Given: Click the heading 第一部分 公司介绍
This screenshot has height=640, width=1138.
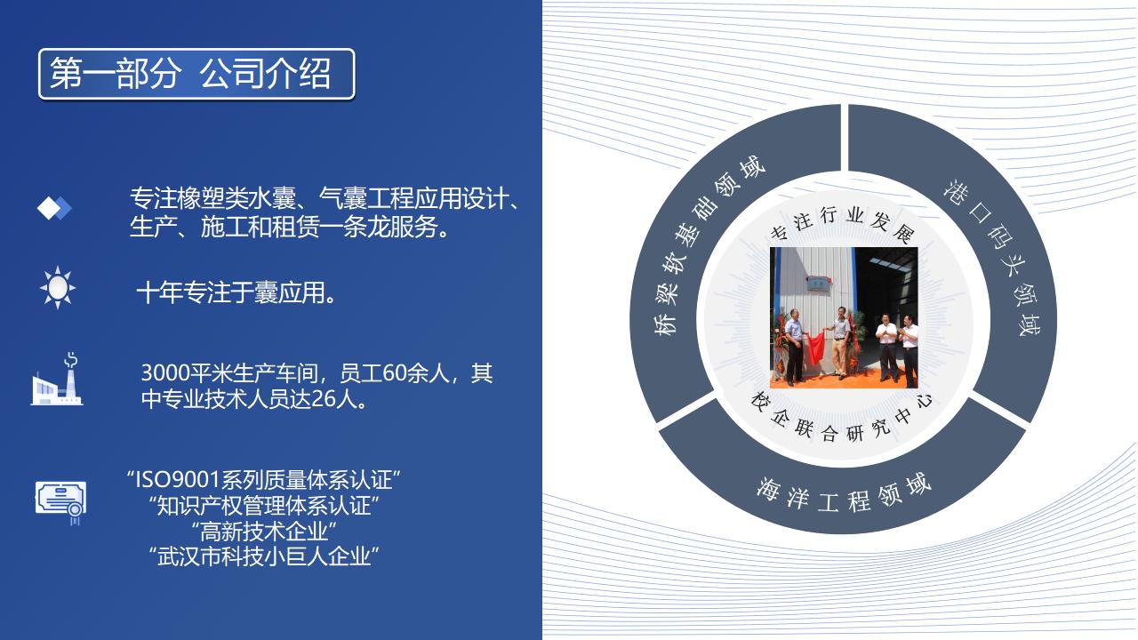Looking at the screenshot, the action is coord(190,74).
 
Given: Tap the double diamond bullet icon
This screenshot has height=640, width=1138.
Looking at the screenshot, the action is coord(54,208).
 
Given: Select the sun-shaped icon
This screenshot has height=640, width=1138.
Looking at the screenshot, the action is coord(58,287).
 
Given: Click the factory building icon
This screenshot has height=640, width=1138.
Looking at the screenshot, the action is coord(57,379).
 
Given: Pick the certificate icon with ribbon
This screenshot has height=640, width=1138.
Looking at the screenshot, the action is coord(61,503).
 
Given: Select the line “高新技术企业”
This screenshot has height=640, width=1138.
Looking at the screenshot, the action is coord(264,532).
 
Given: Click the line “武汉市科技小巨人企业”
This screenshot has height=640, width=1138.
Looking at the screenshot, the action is coord(264,556).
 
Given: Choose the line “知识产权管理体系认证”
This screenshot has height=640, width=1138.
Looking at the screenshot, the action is coord(264,506).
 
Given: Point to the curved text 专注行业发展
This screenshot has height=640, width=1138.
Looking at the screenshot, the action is coord(844,222).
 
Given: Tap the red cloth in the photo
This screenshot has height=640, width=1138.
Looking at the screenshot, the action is coord(816,346).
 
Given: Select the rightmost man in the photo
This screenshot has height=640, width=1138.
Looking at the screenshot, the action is coord(909,350).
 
